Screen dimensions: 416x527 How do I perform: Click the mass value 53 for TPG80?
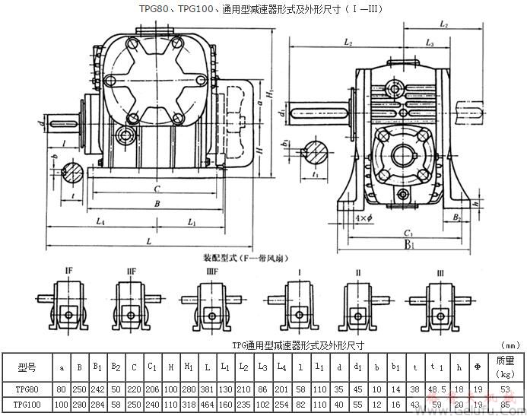click(x=505, y=388)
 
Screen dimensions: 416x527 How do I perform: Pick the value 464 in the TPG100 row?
click(x=207, y=403)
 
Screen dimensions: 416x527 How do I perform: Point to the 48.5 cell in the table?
click(x=437, y=388)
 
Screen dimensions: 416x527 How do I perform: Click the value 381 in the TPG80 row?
click(x=207, y=388)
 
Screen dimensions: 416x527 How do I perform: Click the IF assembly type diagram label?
click(x=68, y=270)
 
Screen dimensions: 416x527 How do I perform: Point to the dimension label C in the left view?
click(x=156, y=188)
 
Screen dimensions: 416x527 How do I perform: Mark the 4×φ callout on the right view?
click(x=364, y=218)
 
